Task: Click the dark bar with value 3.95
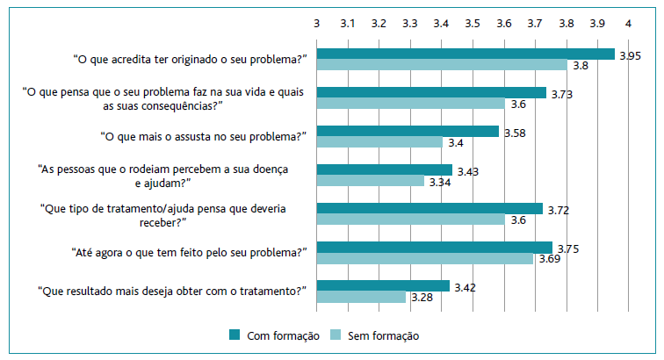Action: tap(466, 54)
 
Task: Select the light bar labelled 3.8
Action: tap(442, 65)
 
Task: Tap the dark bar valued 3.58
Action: tap(408, 131)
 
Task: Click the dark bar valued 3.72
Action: tap(429, 208)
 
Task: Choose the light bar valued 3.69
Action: tap(425, 259)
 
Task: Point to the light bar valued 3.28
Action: tap(361, 297)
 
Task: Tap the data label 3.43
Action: tap(469, 170)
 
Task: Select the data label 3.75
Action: tap(569, 248)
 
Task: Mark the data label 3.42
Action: tap(466, 286)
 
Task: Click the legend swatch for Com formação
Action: tap(234, 335)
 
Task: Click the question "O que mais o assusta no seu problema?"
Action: tap(206, 137)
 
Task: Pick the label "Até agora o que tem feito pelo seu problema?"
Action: tap(189, 252)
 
